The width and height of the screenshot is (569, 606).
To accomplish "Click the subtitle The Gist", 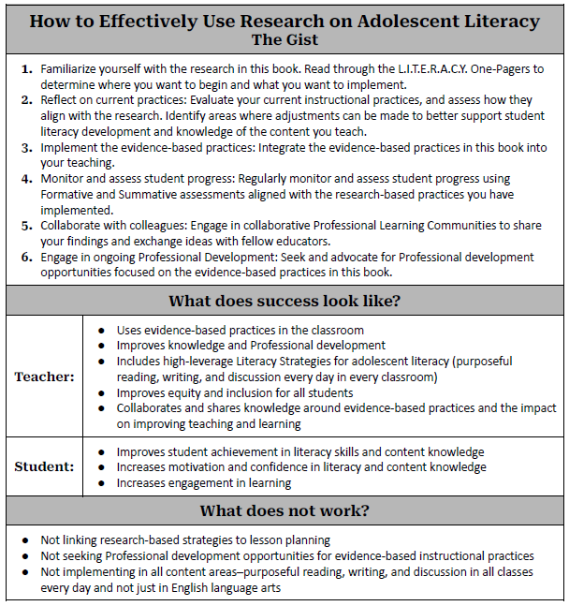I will click(x=284, y=39).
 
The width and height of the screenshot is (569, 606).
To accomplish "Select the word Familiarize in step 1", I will click(x=71, y=69).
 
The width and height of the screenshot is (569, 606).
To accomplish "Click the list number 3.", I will click(x=28, y=148).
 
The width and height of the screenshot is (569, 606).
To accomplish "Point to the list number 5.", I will click(x=28, y=226).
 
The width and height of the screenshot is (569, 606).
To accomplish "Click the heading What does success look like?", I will click(x=284, y=301).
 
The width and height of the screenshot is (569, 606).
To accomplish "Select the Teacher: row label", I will click(x=45, y=377).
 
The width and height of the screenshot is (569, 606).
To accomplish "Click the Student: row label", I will click(x=45, y=466).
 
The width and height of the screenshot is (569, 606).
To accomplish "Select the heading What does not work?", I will click(x=284, y=511).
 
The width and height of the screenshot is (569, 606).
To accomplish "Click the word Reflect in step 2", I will click(x=58, y=100).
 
